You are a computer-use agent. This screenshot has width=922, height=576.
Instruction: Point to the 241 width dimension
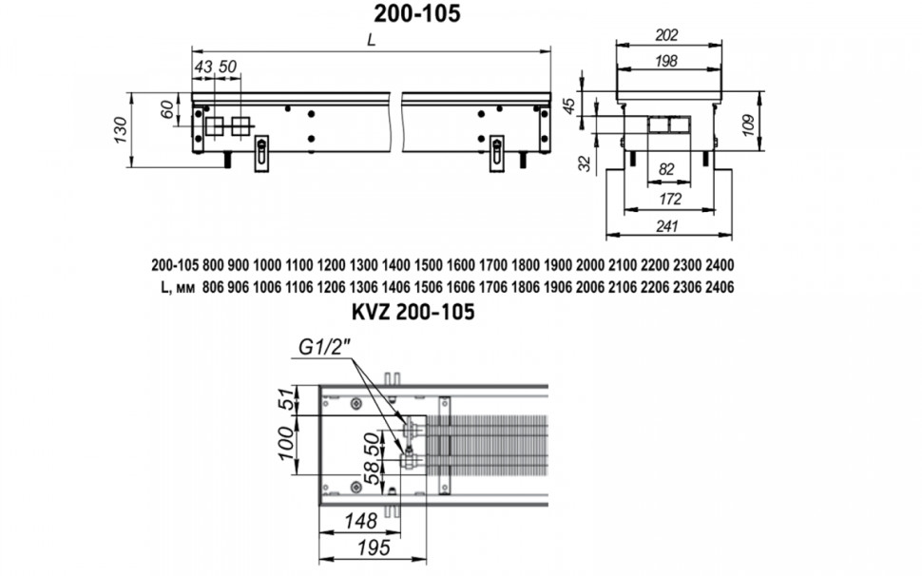668,226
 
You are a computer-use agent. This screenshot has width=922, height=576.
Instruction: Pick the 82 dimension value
666,169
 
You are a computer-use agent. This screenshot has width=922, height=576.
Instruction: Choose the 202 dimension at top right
667,35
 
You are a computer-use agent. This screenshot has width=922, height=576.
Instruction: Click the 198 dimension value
667,61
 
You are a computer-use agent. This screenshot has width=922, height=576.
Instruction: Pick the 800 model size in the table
214,265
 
